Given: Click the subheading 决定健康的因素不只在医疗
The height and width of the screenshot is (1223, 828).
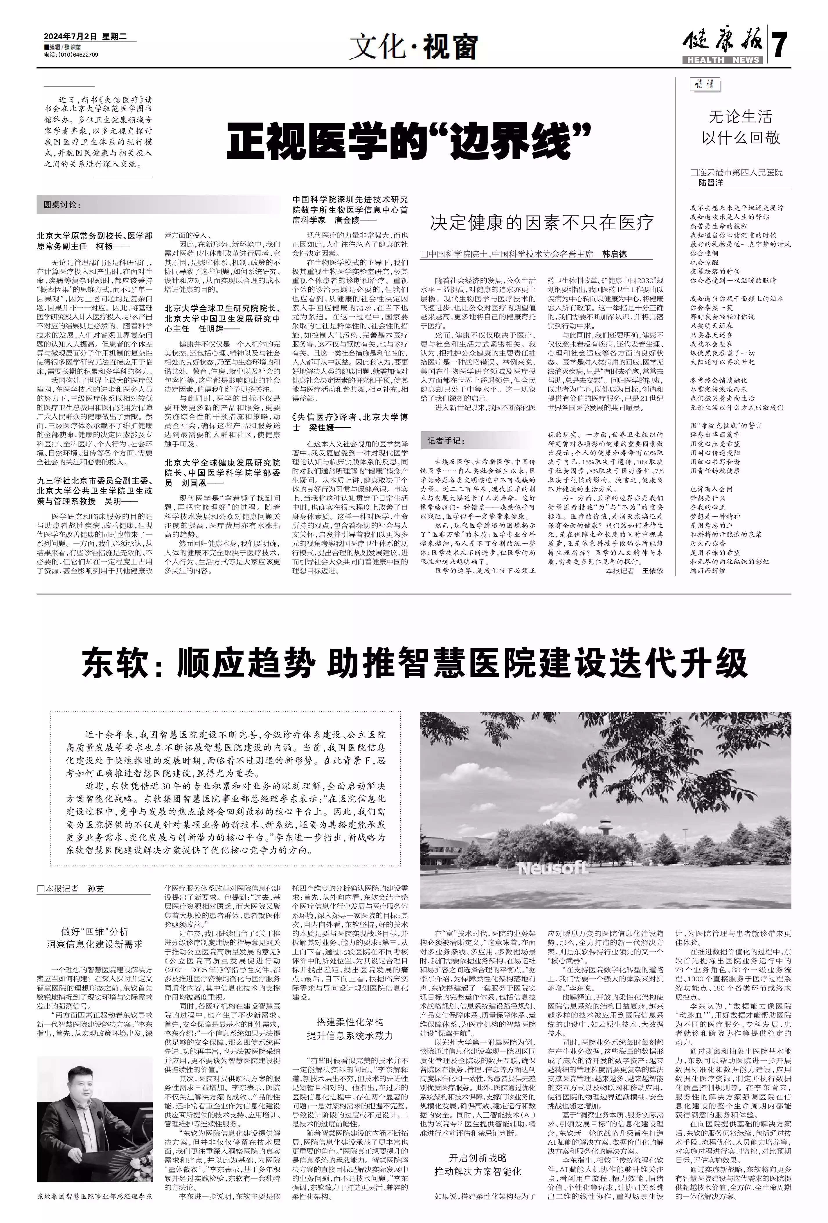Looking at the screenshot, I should tap(542, 223).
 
